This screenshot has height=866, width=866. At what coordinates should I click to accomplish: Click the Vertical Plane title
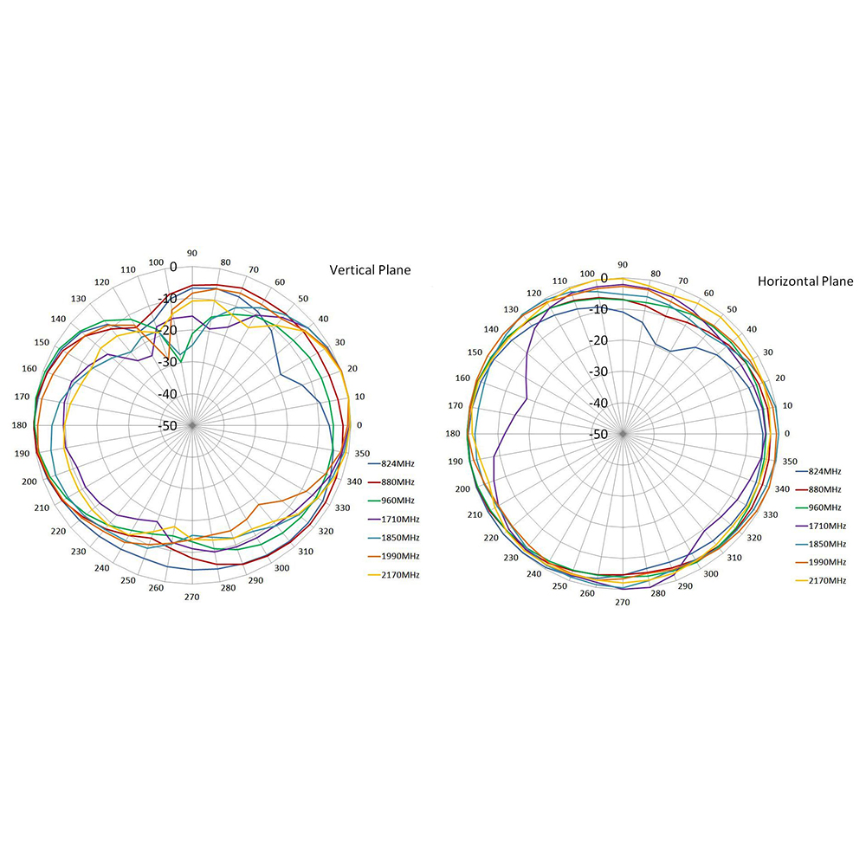point(370,270)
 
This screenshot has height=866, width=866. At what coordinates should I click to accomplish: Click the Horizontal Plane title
point(805,281)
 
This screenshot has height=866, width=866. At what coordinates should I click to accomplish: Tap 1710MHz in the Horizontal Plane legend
point(826,526)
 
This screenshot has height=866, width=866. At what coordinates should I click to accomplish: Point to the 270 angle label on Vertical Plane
point(192,598)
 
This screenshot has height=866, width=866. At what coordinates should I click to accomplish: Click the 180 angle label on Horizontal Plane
point(454,434)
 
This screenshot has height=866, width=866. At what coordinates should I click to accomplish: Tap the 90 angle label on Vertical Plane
point(191,253)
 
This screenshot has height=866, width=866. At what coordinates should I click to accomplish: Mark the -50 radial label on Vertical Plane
point(169,425)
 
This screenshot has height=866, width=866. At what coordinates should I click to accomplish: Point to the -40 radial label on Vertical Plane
point(169,394)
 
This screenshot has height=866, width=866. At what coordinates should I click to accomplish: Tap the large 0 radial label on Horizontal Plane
point(604,279)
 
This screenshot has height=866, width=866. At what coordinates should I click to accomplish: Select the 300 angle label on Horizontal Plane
point(710,573)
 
